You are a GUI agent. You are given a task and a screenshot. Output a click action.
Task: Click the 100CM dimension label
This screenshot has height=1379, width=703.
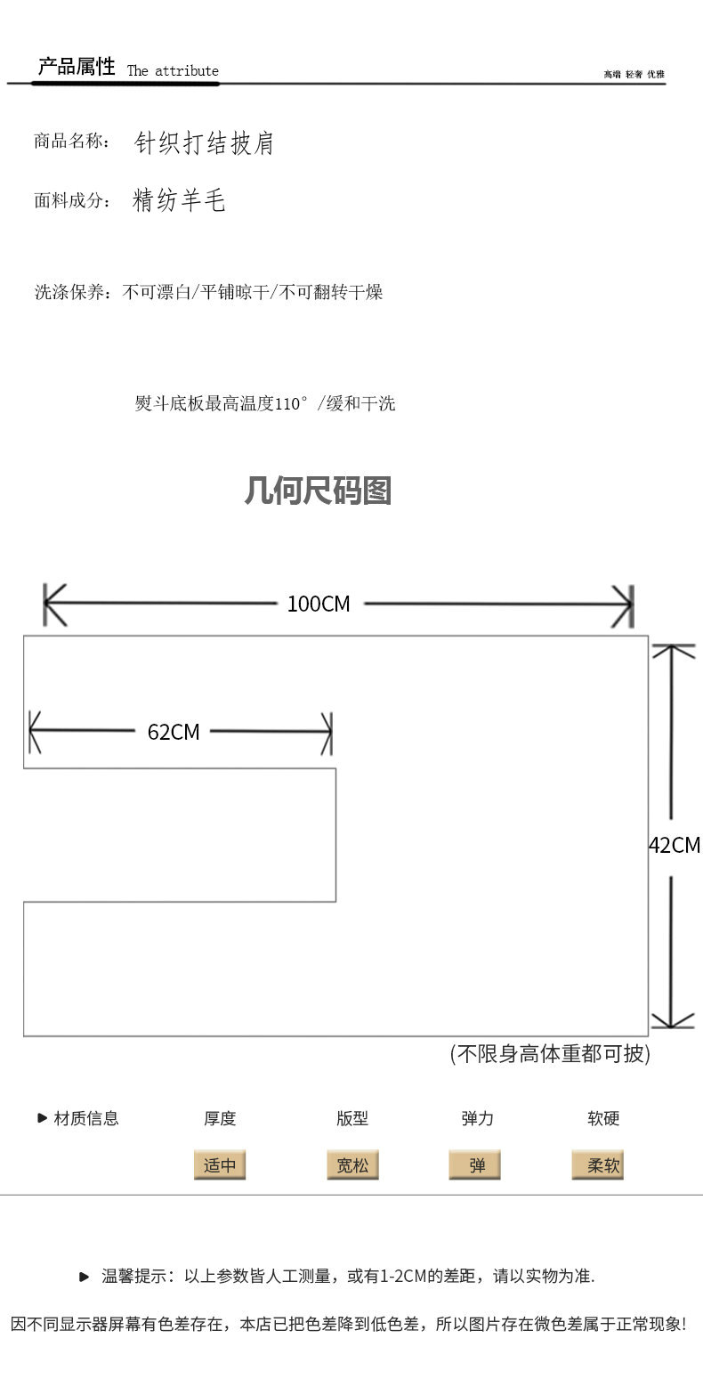tap(319, 604)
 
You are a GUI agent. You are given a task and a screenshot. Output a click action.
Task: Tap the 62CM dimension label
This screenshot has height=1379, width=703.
tap(174, 732)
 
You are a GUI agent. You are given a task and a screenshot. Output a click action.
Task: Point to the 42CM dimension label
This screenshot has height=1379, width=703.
tap(675, 845)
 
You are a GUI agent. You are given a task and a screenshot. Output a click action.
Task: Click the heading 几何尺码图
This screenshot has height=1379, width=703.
tap(318, 491)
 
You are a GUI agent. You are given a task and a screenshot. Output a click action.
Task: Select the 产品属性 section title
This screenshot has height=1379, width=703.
tap(77, 67)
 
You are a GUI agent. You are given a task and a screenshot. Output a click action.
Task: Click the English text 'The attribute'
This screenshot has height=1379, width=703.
tap(173, 71)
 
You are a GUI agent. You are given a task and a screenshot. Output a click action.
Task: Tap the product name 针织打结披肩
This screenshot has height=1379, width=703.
tap(205, 143)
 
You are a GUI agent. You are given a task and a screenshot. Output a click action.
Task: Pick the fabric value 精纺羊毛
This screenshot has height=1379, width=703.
tap(179, 200)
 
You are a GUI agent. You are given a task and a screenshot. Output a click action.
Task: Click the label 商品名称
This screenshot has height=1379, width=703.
tap(71, 142)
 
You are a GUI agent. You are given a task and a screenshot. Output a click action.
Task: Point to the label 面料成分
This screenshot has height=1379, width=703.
tap(71, 200)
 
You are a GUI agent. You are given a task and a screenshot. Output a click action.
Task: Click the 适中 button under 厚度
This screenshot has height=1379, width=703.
tap(220, 1165)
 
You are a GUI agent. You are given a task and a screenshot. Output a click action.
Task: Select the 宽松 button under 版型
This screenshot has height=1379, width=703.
tap(352, 1165)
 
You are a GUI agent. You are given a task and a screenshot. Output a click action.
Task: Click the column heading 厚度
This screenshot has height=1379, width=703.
tap(220, 1119)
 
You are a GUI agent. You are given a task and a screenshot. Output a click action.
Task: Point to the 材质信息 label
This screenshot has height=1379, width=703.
tap(85, 1119)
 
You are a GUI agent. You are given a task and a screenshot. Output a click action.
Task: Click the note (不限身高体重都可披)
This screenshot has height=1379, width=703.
tap(550, 1054)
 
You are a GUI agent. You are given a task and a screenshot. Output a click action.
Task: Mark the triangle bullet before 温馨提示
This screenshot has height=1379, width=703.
tap(85, 1277)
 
